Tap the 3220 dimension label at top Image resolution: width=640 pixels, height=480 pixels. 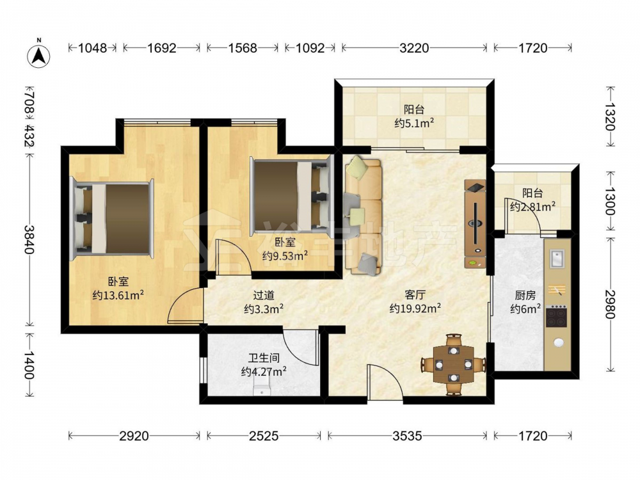[414, 48]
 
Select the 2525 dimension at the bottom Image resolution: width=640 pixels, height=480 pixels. [263, 436]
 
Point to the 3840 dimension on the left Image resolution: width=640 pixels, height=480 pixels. [29, 239]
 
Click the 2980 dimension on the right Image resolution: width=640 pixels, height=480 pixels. [610, 304]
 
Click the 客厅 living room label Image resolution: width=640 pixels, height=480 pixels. [415, 294]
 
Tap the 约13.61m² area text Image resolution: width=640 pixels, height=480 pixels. [118, 295]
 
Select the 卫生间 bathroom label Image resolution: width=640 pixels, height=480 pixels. [264, 358]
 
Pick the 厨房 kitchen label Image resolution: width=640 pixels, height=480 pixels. [525, 294]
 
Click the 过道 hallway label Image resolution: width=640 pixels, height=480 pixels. [264, 294]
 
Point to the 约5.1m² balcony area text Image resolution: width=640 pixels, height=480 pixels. [414, 124]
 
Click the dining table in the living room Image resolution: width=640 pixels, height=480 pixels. [453, 365]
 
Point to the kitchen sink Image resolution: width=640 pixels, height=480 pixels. [557, 259]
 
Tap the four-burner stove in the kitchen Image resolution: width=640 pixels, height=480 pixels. [557, 316]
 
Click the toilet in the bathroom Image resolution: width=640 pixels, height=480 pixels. [262, 386]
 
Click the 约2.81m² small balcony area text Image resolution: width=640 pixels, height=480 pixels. [532, 207]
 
